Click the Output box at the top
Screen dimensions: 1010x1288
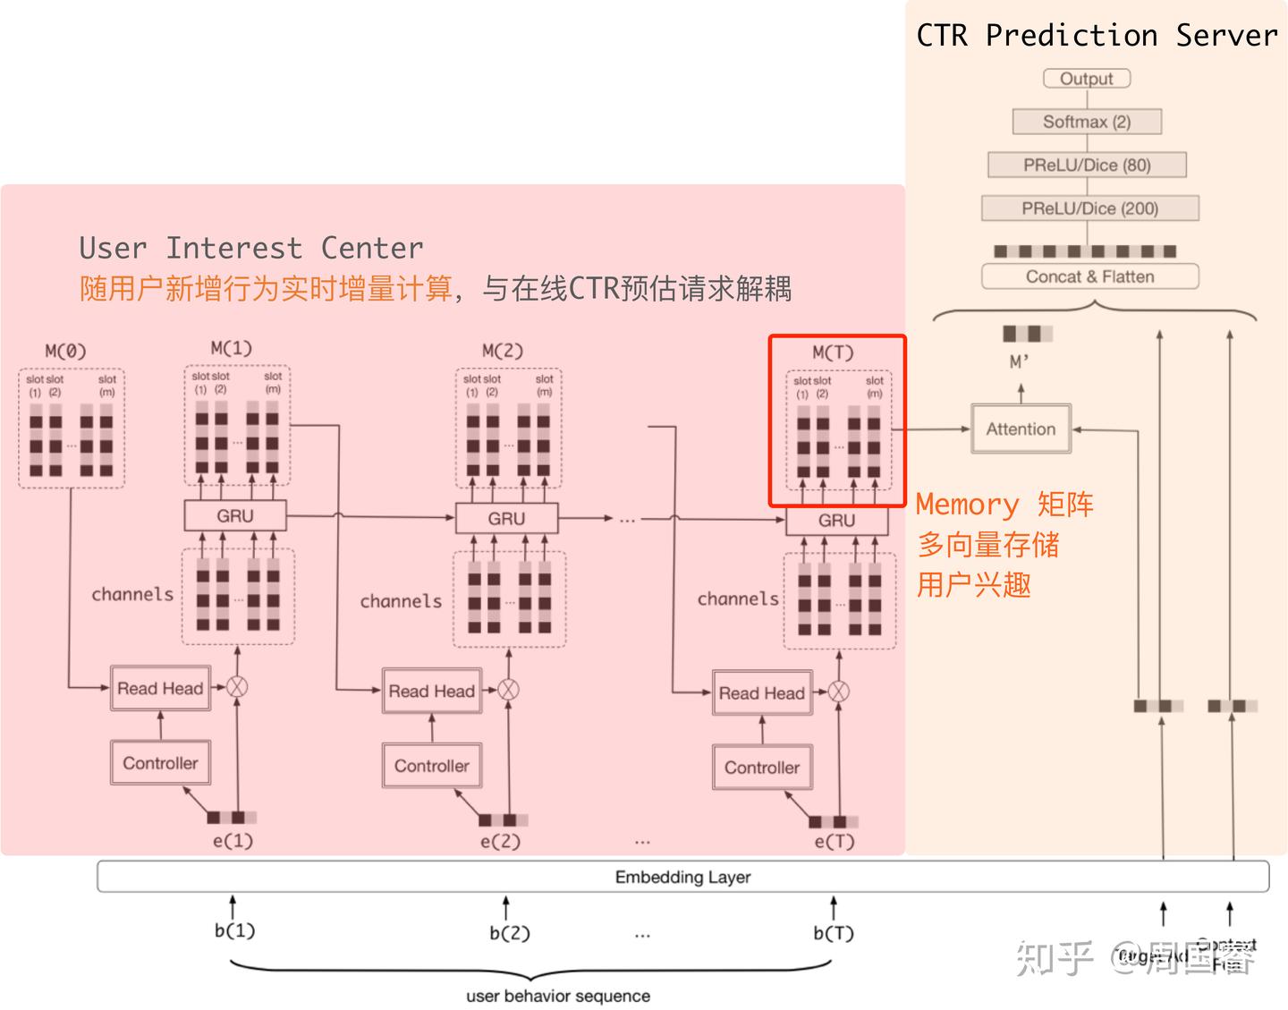click(1087, 79)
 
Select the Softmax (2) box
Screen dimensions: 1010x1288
click(1087, 122)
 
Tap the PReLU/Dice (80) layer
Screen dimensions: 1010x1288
click(1087, 165)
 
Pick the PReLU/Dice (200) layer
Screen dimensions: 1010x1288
click(1089, 208)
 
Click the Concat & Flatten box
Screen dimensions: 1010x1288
click(1089, 276)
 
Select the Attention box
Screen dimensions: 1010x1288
click(1021, 429)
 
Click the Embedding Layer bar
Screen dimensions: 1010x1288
click(682, 877)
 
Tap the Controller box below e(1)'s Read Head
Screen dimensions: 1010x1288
click(160, 763)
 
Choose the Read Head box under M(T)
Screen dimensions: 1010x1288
click(762, 693)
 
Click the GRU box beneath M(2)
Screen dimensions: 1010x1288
click(506, 519)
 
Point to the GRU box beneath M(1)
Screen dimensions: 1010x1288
click(234, 516)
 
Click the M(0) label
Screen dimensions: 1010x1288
click(65, 351)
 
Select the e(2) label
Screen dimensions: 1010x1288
click(500, 842)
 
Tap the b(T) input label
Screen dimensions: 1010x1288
click(834, 933)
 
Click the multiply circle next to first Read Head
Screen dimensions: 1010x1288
click(237, 687)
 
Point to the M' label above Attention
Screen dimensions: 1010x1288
click(1020, 362)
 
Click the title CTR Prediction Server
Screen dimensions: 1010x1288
click(1097, 35)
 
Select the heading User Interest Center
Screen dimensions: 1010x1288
click(251, 248)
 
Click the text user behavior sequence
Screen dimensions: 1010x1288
click(558, 996)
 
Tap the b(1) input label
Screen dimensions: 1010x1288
click(234, 931)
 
